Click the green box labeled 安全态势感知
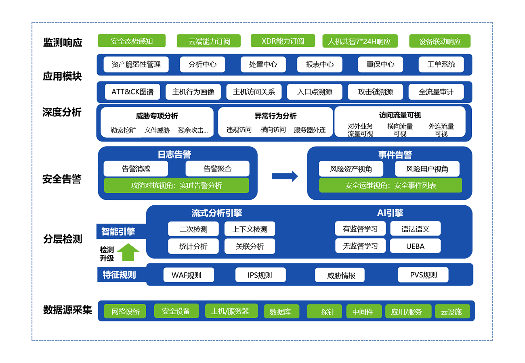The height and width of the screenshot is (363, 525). (132, 41)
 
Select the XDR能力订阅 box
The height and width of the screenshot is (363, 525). (283, 41)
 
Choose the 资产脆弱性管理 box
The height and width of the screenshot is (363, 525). (136, 65)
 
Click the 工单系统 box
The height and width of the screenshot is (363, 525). (441, 65)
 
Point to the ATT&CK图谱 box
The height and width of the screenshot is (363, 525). (132, 92)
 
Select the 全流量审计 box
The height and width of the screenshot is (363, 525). (436, 92)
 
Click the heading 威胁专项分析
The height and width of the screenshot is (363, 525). (157, 116)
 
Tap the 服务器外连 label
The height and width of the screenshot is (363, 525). (310, 130)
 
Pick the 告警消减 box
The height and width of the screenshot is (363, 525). (136, 169)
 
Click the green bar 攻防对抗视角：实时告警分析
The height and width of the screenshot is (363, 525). (176, 186)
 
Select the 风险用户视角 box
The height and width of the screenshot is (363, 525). (427, 169)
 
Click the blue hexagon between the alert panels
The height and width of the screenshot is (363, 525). (283, 175)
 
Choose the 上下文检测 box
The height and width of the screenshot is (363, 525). (250, 229)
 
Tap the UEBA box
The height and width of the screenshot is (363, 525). (415, 246)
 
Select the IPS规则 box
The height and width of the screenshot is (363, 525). (260, 275)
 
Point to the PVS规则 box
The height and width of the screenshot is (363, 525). (423, 275)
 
